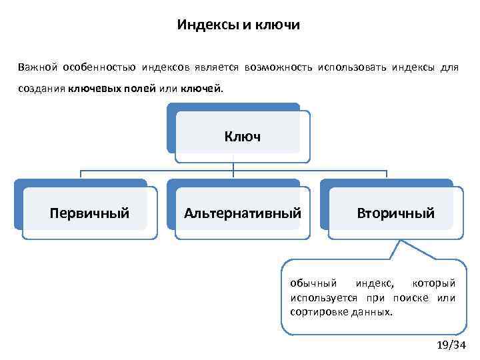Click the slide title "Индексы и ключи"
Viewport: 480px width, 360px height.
pos(239,25)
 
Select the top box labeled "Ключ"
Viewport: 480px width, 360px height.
pos(242,137)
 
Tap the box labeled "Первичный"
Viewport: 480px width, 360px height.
pos(89,213)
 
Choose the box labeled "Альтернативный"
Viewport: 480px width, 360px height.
pos(243,213)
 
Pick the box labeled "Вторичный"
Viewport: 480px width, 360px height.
pos(395,213)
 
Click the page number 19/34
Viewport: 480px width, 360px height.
pos(450,345)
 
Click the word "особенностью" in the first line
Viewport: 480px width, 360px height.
pos(101,68)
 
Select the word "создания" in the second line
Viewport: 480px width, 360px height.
pos(41,88)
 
